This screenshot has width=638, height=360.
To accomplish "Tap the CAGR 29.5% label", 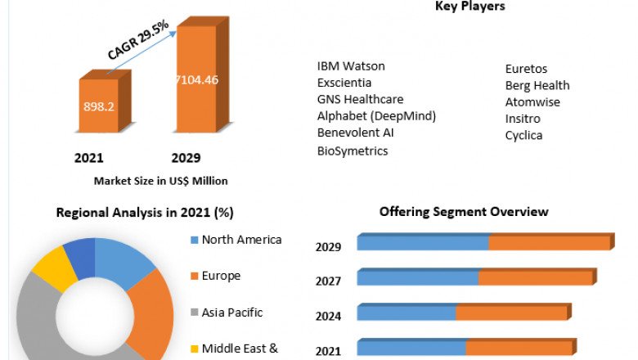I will point(138,40).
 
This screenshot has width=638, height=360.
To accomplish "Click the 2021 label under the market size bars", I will point(89,158).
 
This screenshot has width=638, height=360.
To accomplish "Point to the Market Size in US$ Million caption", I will point(160,181).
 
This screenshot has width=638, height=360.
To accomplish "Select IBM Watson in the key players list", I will point(351,66).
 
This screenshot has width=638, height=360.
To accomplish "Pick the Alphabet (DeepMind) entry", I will point(376,116).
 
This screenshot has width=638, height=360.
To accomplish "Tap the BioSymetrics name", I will point(353,151).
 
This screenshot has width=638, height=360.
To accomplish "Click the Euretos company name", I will point(527,70).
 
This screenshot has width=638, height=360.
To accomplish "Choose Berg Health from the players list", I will point(537,86).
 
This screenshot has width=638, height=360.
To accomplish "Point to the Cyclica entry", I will point(523,135).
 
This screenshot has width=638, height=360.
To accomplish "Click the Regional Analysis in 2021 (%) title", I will point(145,213).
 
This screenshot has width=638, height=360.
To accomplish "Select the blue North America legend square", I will point(193,241).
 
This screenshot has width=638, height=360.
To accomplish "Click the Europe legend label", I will point(221,276).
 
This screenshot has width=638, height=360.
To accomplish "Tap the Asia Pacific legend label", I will point(233,312).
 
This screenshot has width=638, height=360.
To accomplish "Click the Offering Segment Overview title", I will point(464,212).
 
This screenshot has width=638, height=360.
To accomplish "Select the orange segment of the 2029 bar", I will point(550,243).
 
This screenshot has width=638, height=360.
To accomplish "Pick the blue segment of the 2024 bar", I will point(407,313).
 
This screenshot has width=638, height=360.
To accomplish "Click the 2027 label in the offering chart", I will point(329,281).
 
